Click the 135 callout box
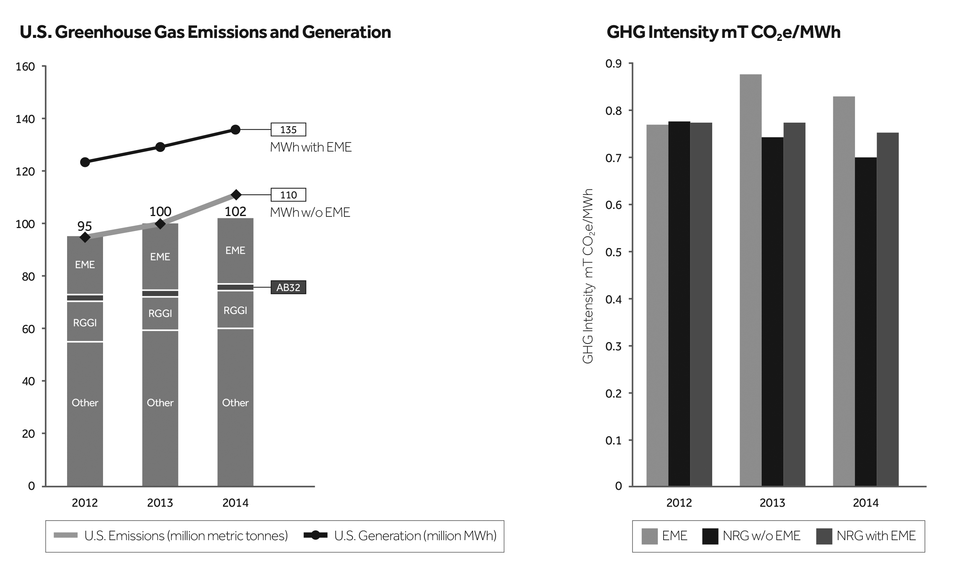pos(288,129)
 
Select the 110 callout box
pos(288,195)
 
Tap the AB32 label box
pos(288,287)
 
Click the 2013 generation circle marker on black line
pos(160,147)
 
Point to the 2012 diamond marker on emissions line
pos(85,237)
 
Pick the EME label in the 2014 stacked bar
pos(235,251)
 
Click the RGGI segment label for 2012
pos(85,323)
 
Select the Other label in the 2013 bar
pos(160,403)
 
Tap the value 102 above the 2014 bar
pos(235,212)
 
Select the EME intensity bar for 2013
pos(750,279)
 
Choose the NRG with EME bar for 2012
pos(701,304)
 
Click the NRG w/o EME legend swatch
pos(710,536)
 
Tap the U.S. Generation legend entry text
pos(415,536)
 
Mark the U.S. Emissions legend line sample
pos(66,536)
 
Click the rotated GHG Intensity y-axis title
pos(588,276)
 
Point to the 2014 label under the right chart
pos(865,503)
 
